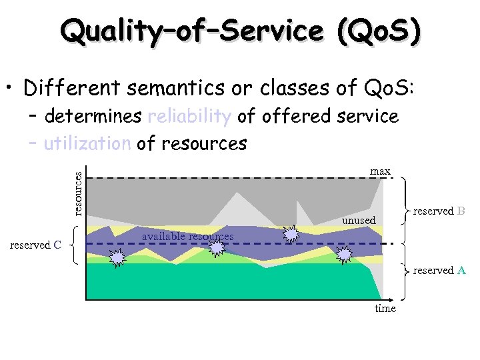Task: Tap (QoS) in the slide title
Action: (x=379, y=30)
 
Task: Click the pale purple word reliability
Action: (x=189, y=117)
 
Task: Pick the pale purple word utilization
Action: (x=87, y=143)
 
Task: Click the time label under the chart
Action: (x=385, y=308)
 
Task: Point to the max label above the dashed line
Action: (x=380, y=171)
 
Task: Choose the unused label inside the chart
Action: (x=359, y=220)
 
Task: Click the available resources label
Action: (x=187, y=237)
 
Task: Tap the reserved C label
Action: (x=36, y=245)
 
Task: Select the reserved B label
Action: (x=439, y=211)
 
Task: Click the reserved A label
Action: (x=439, y=270)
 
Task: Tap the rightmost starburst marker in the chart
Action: (x=344, y=254)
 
